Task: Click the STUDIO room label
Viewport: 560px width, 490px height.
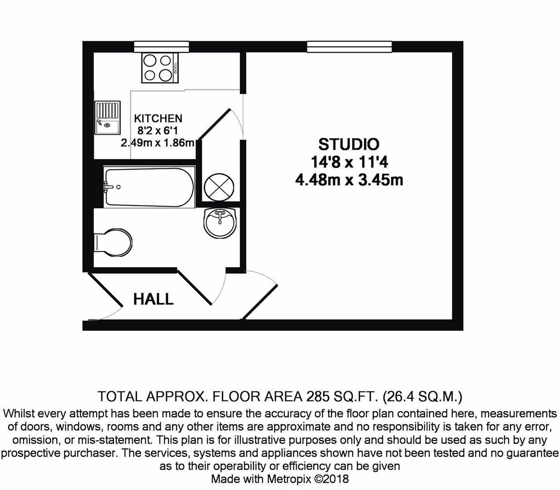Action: point(348,144)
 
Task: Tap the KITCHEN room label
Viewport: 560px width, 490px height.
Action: point(158,118)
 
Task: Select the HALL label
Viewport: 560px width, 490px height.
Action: point(154,299)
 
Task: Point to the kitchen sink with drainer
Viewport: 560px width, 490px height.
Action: point(108,118)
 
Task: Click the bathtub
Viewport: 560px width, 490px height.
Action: point(149,187)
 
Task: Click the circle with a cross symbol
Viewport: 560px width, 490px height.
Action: point(219,187)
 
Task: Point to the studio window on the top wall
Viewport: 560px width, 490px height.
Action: point(349,46)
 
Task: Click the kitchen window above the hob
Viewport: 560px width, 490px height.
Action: point(161,46)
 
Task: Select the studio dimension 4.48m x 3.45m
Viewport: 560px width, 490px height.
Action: point(349,180)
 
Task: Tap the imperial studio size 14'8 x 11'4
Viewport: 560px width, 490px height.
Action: point(349,162)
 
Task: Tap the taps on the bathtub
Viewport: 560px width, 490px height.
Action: point(109,186)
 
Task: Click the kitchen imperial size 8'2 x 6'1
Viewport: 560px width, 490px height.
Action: point(158,131)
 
